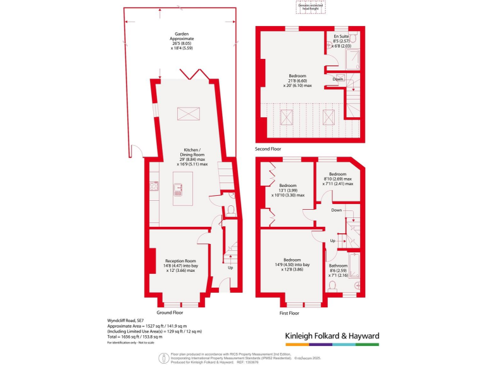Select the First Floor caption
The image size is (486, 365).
tap(292, 312)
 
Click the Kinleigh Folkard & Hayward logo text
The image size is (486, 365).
tap(330, 335)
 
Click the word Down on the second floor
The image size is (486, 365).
tap(339, 79)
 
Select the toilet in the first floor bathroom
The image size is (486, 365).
tap(333, 287)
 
